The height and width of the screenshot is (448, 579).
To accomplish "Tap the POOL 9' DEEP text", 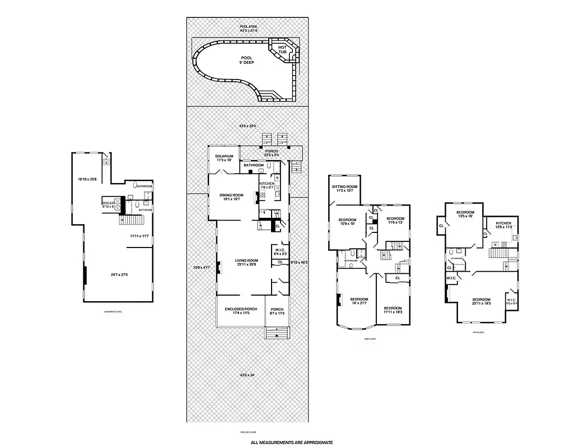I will [x=246, y=60].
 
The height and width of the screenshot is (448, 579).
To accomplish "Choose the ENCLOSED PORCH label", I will [x=241, y=311].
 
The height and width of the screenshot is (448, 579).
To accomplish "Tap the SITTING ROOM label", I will [x=344, y=188].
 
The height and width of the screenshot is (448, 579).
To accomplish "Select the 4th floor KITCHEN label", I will [x=503, y=225].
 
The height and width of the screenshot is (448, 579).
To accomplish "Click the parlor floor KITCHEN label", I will [x=267, y=185].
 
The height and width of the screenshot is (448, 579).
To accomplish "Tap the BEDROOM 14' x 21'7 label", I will [x=359, y=301].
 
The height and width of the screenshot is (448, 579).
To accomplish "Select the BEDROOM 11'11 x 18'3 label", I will [x=393, y=310].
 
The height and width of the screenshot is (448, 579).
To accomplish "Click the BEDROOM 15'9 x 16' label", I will [x=347, y=222].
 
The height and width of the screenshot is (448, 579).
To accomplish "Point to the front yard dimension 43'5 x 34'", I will [x=248, y=375].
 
